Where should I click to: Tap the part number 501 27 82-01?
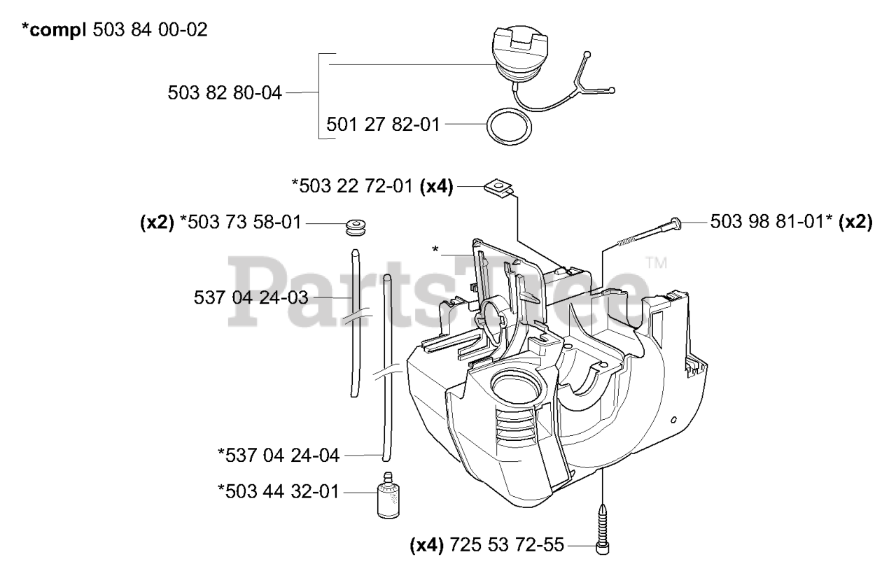pos(383,125)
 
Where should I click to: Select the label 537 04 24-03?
pos(251,297)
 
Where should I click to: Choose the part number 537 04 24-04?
pos(279,456)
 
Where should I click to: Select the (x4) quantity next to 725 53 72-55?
pos(428,545)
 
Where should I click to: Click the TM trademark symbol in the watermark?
pos(656,264)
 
